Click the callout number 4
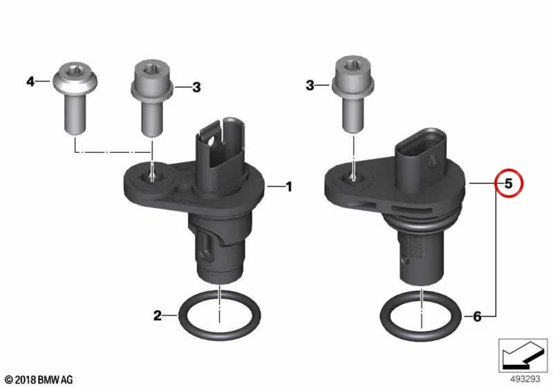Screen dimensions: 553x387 (30, 82)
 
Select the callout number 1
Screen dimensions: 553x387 (289, 187)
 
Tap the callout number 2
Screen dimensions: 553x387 (158, 315)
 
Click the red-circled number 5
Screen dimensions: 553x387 (509, 183)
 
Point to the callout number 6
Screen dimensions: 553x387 (477, 317)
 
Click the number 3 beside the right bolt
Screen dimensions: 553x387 (310, 85)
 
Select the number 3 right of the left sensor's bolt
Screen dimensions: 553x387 (196, 87)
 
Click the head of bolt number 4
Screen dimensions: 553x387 (75, 77)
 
